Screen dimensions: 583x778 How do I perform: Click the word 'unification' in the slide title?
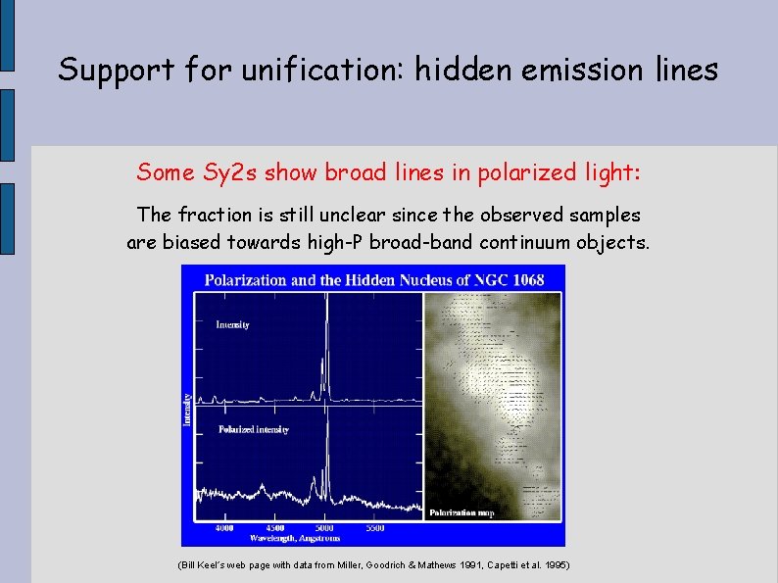point(324,70)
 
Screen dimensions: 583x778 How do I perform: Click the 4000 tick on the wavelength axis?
point(224,527)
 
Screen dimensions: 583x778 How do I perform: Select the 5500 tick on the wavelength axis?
point(375,527)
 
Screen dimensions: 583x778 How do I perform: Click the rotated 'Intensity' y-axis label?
point(187,410)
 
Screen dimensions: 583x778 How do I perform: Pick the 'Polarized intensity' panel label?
point(253,430)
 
